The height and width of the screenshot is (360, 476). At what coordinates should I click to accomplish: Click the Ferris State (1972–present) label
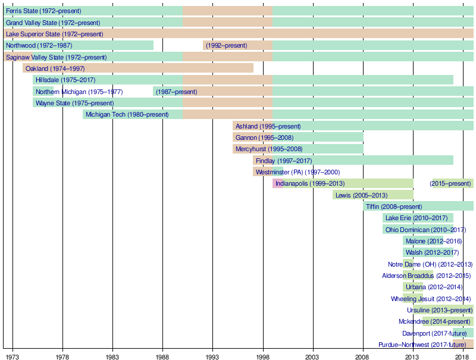[x=43, y=11]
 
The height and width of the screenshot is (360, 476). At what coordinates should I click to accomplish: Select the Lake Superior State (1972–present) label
[x=54, y=35]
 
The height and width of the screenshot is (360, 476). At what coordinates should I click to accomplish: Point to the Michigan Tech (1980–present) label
[x=127, y=115]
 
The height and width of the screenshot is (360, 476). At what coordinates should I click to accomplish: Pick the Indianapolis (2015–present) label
[x=450, y=184]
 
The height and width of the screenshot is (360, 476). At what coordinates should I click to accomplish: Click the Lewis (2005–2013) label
[x=362, y=195]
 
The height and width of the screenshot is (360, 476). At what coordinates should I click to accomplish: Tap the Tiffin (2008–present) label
[x=394, y=207]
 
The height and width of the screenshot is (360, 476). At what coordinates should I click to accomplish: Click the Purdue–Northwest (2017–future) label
[x=422, y=345]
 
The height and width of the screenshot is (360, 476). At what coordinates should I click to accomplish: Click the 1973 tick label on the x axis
[x=12, y=356]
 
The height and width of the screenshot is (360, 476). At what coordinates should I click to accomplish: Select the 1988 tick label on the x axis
[x=162, y=356]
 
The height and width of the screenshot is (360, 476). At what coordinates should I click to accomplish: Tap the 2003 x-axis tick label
[x=312, y=356]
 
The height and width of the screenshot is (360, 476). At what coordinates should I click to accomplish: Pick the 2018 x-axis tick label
[x=462, y=356]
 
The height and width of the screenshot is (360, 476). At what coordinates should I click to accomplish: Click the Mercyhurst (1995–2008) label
[x=269, y=149]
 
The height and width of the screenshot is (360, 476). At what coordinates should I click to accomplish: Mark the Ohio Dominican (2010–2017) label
[x=425, y=230]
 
